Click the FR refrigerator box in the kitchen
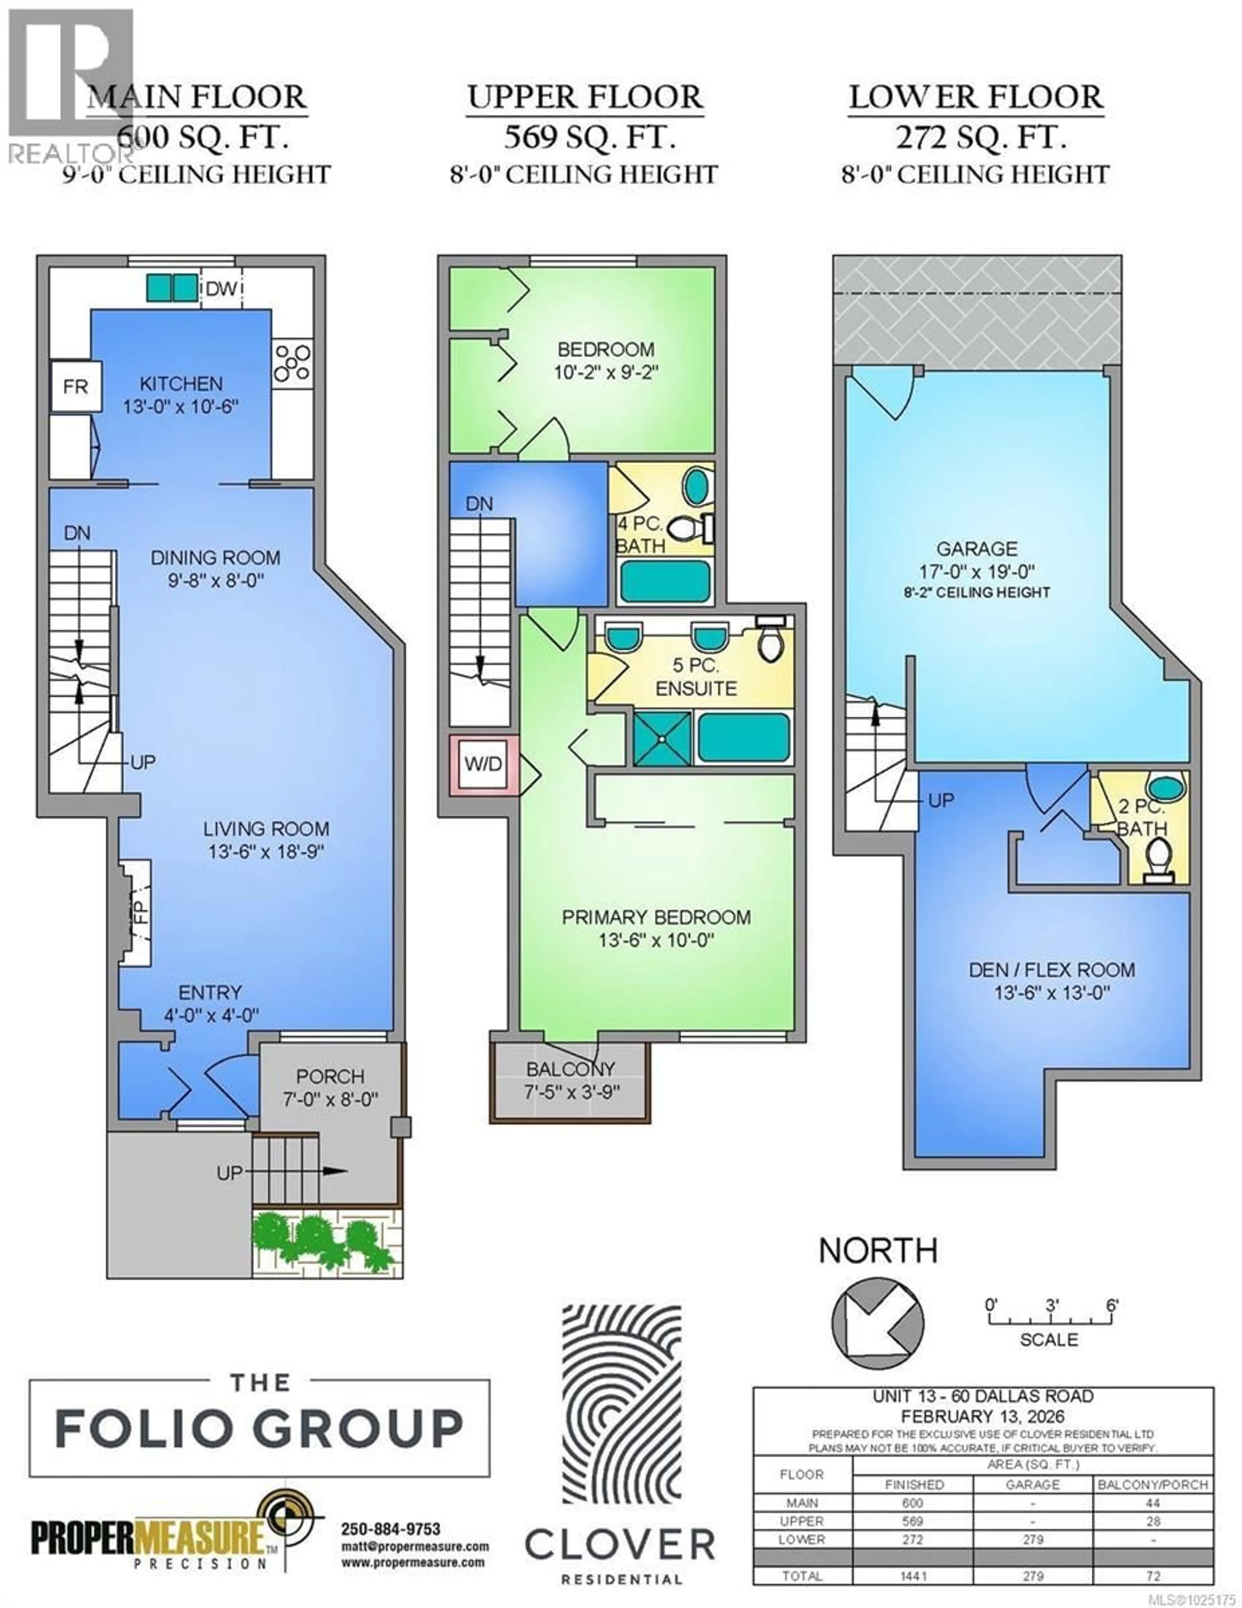(x=75, y=386)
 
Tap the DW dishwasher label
(x=221, y=289)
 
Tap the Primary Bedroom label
(x=656, y=928)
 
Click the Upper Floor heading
(x=585, y=98)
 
